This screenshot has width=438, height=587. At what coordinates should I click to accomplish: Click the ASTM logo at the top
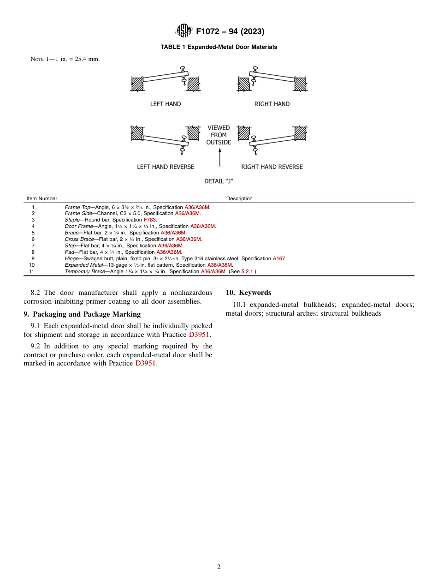click(184, 31)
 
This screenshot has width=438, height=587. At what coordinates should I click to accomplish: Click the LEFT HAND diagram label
click(166, 104)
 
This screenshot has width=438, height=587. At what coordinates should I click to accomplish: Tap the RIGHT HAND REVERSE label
click(272, 167)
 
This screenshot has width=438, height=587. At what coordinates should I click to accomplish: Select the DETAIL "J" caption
click(219, 181)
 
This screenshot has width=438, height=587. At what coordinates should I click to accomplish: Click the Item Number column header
click(42, 199)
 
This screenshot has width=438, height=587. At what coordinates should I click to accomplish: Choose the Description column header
click(239, 199)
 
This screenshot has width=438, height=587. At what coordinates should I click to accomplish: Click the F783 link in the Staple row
click(150, 220)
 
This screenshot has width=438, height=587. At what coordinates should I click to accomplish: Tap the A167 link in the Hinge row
click(279, 259)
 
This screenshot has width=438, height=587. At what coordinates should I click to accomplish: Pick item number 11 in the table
click(32, 272)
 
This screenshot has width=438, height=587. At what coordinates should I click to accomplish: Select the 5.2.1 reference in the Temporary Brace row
click(248, 272)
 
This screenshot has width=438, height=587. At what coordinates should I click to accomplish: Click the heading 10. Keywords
click(248, 293)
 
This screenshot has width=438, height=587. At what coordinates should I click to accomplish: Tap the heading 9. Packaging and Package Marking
click(82, 314)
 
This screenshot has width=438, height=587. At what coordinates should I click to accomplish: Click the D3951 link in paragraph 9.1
click(200, 334)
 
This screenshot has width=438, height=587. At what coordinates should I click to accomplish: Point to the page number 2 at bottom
click(219, 567)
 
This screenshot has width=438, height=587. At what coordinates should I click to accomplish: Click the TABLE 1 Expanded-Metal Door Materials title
click(219, 47)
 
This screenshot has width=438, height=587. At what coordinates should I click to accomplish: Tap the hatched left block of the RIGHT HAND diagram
click(244, 84)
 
